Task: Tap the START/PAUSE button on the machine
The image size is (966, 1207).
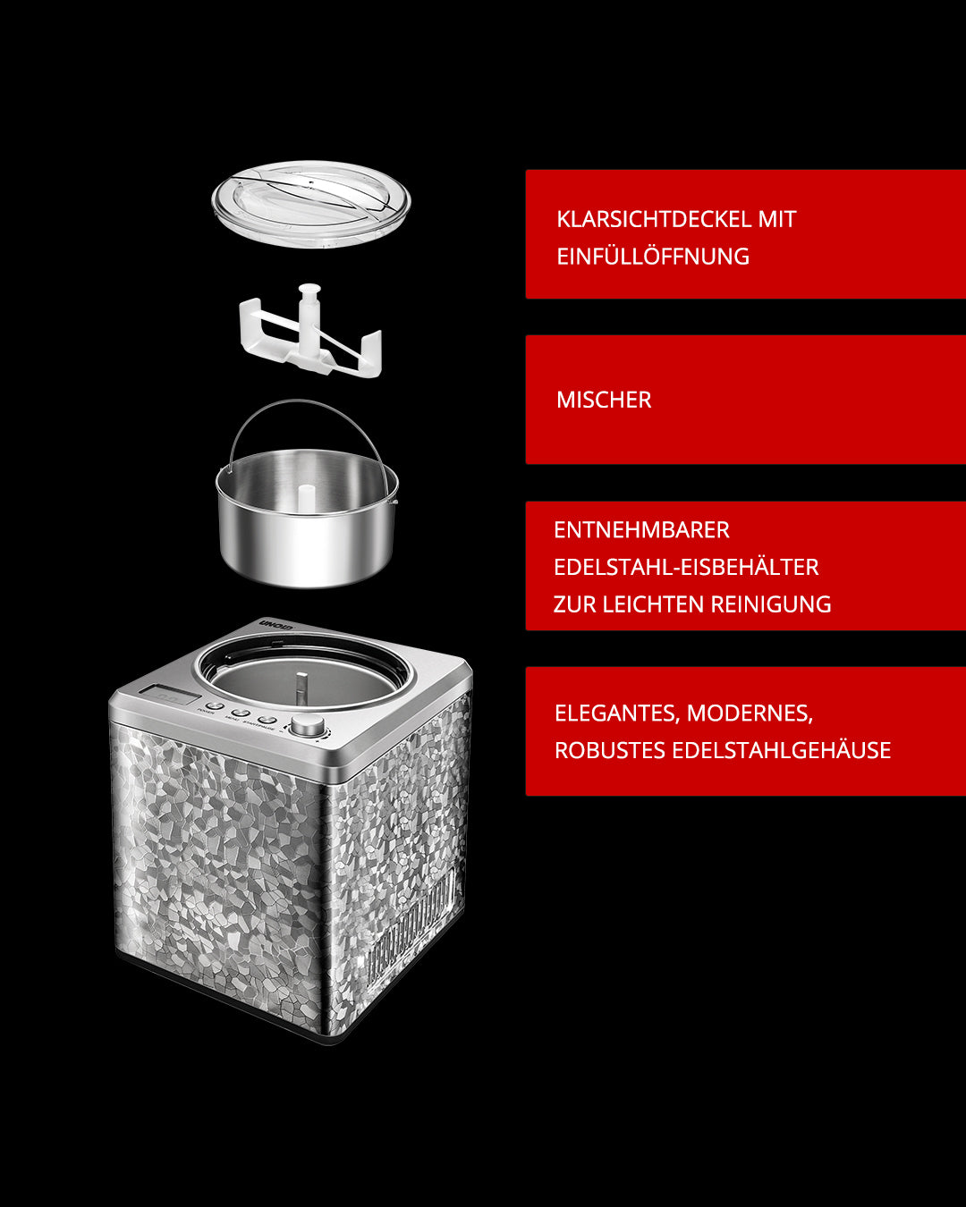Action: [x=267, y=720]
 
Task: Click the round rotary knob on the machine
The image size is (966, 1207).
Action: [x=308, y=724]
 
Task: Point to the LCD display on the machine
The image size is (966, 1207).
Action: [x=169, y=696]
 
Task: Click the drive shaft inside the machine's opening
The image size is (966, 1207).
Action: [x=301, y=688]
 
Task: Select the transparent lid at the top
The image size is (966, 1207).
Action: [x=311, y=204]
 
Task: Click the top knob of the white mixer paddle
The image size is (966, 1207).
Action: [x=309, y=291]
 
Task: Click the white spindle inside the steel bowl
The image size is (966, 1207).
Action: [x=306, y=498]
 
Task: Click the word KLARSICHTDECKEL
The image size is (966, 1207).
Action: [x=653, y=219]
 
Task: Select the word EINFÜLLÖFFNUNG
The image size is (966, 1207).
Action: [x=653, y=257]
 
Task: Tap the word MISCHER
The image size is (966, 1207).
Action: [x=604, y=400]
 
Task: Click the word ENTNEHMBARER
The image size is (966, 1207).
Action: [x=641, y=530]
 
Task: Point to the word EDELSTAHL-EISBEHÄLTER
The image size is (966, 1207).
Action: [x=686, y=567]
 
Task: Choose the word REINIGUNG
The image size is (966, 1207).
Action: [x=771, y=604]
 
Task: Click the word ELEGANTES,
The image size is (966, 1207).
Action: [x=618, y=713]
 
